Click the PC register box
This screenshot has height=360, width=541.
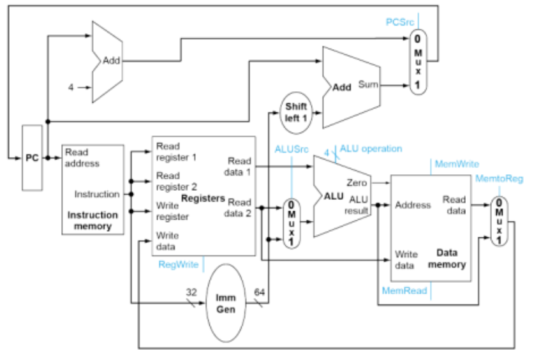click(x=32, y=158)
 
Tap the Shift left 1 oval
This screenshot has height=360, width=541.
click(x=295, y=112)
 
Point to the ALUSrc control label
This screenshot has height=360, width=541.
click(x=292, y=149)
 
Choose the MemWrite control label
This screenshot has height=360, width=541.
click(x=456, y=164)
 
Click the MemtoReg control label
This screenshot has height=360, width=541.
click(x=499, y=179)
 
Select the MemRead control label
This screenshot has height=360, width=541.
click(x=404, y=290)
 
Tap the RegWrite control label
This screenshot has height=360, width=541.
click(x=179, y=262)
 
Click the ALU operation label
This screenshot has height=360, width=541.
click(x=371, y=149)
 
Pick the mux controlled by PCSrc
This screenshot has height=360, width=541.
click(x=418, y=63)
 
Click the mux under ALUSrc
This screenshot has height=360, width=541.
click(x=292, y=223)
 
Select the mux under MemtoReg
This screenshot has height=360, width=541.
click(x=499, y=220)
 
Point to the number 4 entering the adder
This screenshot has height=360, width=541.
click(x=71, y=87)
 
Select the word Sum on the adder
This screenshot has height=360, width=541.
click(x=367, y=84)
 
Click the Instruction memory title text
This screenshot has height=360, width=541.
click(x=93, y=220)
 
